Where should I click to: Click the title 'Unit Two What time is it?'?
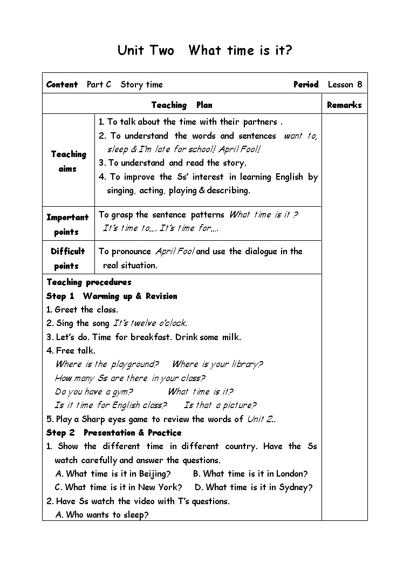point(205,51)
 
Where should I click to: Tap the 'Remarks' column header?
point(344,105)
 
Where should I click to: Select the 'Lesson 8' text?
point(345,84)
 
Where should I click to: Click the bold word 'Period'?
point(306,84)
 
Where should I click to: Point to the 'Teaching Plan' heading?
point(181,105)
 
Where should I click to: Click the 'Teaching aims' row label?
point(69,161)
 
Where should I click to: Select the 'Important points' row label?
point(67,225)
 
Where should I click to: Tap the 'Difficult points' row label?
point(67,258)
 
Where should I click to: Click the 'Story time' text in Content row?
point(141,84)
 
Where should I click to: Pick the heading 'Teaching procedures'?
point(89,282)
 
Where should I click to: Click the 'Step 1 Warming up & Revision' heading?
point(112,296)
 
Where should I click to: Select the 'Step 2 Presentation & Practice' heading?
point(114,433)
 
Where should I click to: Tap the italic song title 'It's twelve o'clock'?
point(150,323)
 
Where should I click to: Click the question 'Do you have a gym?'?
point(94,392)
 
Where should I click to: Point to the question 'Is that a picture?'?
point(220,405)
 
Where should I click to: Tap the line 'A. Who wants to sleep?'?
point(102,515)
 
